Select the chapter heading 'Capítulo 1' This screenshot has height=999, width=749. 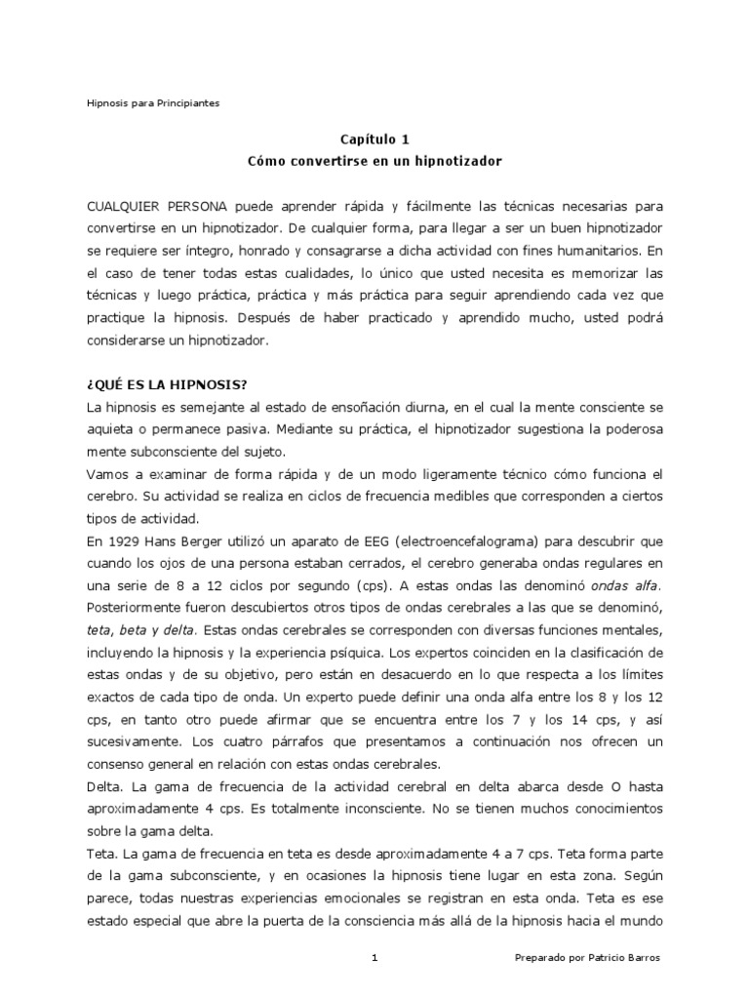[x=374, y=139]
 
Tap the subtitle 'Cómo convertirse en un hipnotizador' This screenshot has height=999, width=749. [x=374, y=158]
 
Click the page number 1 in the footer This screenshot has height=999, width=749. [x=374, y=959]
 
